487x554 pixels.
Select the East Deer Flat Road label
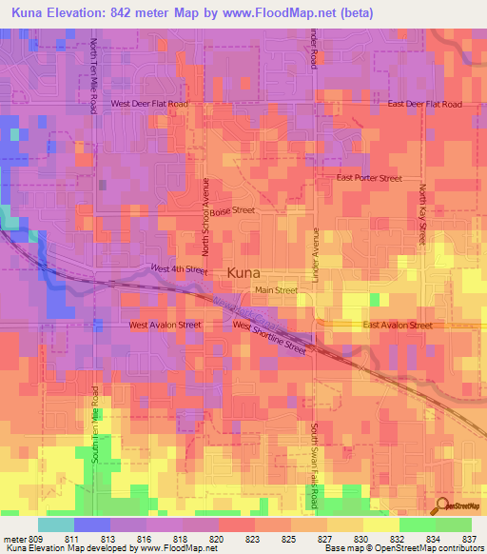tap(424, 104)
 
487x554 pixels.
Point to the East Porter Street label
tap(370, 178)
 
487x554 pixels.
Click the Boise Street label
tap(233, 211)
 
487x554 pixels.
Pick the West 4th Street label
tap(179, 269)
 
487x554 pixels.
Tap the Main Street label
tap(275, 290)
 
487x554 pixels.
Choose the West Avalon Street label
tap(165, 325)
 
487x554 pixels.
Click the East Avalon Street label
tap(398, 325)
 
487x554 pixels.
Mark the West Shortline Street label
tap(269, 337)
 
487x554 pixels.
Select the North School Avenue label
tap(204, 208)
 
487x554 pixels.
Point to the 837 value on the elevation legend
tap(470, 539)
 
